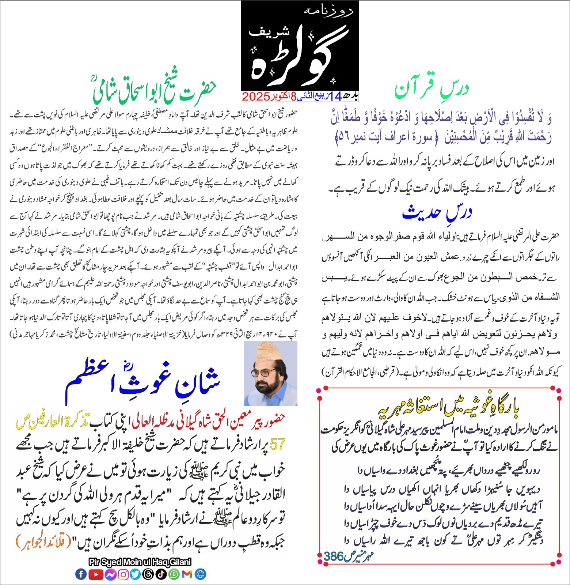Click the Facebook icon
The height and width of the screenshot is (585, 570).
coord(81,574)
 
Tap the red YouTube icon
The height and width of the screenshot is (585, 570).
coord(96,574)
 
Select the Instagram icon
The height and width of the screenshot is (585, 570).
coord(123,574)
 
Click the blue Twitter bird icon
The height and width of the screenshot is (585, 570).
coord(136,574)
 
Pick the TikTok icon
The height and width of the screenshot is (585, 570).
coord(161,574)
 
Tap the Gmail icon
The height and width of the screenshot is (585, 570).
coord(187,574)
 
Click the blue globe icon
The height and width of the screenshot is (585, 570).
coord(200,574)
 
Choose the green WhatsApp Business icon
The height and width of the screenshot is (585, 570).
coord(174,574)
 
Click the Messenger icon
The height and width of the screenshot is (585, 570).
coord(110,574)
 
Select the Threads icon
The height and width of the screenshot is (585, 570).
coord(148,574)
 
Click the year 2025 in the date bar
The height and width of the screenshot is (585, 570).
coord(255,97)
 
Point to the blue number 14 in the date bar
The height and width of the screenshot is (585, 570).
coord(335,97)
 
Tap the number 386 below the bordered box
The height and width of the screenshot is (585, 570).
coord(333,556)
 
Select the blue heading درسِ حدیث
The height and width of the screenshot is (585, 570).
coord(437,212)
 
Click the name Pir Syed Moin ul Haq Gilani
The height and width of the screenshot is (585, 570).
coord(140,562)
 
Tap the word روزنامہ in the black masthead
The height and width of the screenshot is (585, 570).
coord(328,11)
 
